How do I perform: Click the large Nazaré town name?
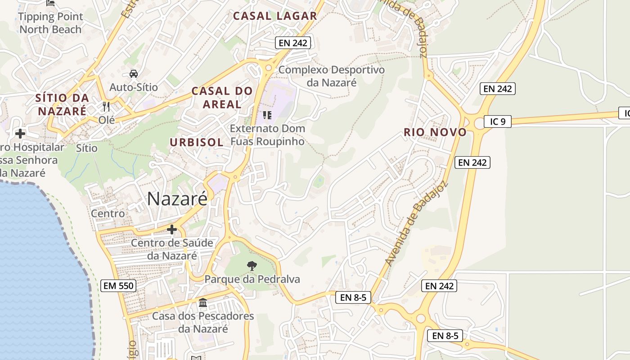(177, 198)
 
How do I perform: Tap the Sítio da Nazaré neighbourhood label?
(62, 104)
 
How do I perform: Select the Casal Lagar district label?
(275, 16)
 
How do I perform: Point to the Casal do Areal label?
(222, 97)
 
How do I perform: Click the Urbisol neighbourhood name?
(196, 143)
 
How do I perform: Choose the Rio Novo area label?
(435, 132)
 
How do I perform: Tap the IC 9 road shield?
(498, 121)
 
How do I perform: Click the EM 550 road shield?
(118, 285)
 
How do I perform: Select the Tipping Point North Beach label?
(51, 23)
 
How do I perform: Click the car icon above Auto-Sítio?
(134, 73)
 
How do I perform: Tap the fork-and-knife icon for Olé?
(106, 107)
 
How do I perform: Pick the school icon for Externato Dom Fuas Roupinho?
(267, 115)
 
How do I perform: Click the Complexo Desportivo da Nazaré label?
(332, 76)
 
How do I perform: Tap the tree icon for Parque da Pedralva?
(252, 265)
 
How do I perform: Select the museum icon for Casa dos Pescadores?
(203, 302)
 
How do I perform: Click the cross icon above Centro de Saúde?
(171, 229)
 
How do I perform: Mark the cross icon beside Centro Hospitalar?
(20, 133)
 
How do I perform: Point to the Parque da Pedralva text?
(252, 279)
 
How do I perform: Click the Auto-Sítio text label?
(134, 87)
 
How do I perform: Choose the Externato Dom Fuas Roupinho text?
(267, 135)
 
